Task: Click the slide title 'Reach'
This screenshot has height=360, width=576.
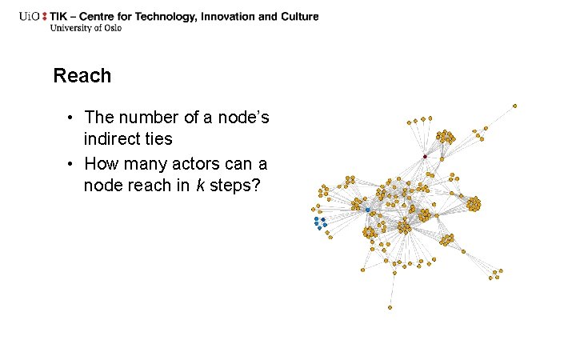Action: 82,76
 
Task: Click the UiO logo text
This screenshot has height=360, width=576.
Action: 33,16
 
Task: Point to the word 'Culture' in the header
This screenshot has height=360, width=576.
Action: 296,16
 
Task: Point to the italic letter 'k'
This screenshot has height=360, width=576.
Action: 200,186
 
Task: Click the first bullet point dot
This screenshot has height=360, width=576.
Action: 71,118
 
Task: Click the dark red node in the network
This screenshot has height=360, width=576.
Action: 425,156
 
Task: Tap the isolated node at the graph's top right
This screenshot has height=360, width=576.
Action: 514,105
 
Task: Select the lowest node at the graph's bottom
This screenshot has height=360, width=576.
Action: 390,307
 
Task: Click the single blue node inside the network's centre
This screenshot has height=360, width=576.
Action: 367,210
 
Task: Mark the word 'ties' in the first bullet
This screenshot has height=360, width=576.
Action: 156,139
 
